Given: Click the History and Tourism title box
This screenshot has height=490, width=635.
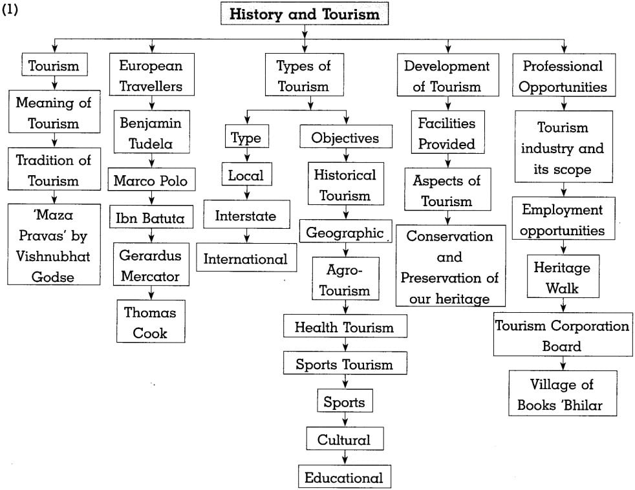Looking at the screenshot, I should coord(305,13).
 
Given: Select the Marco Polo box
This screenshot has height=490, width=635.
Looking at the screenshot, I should coord(150,180).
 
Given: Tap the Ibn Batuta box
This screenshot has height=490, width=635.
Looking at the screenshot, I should coord(151,218).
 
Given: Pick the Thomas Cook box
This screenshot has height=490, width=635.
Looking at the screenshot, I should coord(151,323).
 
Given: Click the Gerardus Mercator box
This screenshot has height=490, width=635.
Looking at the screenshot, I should coord(151,266).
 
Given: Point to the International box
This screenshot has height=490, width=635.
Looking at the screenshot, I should coord(246,259).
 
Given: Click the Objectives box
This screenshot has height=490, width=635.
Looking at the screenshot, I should coord(345,138).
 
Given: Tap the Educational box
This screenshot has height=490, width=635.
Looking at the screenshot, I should coord(344,478).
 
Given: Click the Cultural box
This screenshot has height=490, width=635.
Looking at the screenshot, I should coord(344,440).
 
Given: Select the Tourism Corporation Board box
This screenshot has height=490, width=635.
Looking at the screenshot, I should coord(562,336).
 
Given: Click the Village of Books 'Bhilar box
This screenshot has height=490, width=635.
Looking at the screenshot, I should coord(562,394).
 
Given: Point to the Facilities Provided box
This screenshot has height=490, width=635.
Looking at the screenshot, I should coord(446,133).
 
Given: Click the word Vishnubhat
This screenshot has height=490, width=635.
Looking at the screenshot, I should coord(54,256).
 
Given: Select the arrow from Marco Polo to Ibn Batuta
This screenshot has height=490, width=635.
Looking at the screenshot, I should coord(151,198).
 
